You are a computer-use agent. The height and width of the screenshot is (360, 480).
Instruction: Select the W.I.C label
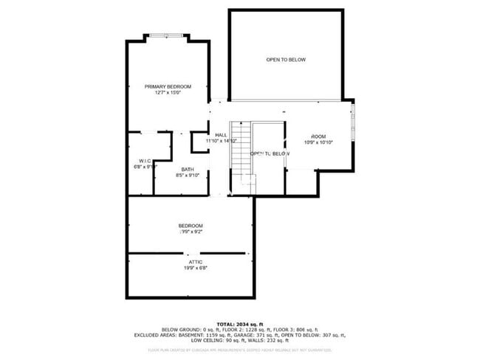click(145, 160)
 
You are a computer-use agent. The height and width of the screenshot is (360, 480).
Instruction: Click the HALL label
click(221, 134)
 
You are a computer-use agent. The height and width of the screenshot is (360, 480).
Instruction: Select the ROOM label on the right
click(318, 136)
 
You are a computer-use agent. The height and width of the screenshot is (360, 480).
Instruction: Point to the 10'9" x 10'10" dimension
click(318, 142)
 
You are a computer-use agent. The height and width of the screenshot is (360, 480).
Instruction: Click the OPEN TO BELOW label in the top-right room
click(286, 60)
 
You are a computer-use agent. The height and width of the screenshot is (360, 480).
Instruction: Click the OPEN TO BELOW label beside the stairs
click(269, 153)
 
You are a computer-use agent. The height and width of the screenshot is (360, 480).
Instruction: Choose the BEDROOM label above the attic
click(190, 226)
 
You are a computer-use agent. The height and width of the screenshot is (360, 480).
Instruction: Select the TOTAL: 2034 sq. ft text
click(240, 324)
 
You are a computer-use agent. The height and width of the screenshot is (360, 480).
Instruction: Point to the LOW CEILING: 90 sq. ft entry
click(214, 339)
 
